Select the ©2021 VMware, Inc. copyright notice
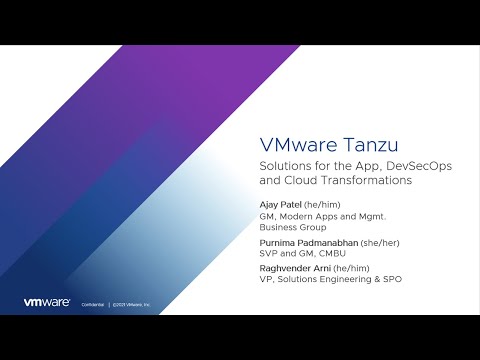point(130,303)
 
